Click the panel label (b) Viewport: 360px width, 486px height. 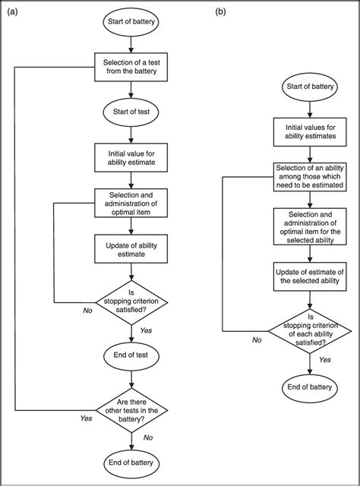point(220,11)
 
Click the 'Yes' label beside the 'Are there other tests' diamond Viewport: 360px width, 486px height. point(86,418)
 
